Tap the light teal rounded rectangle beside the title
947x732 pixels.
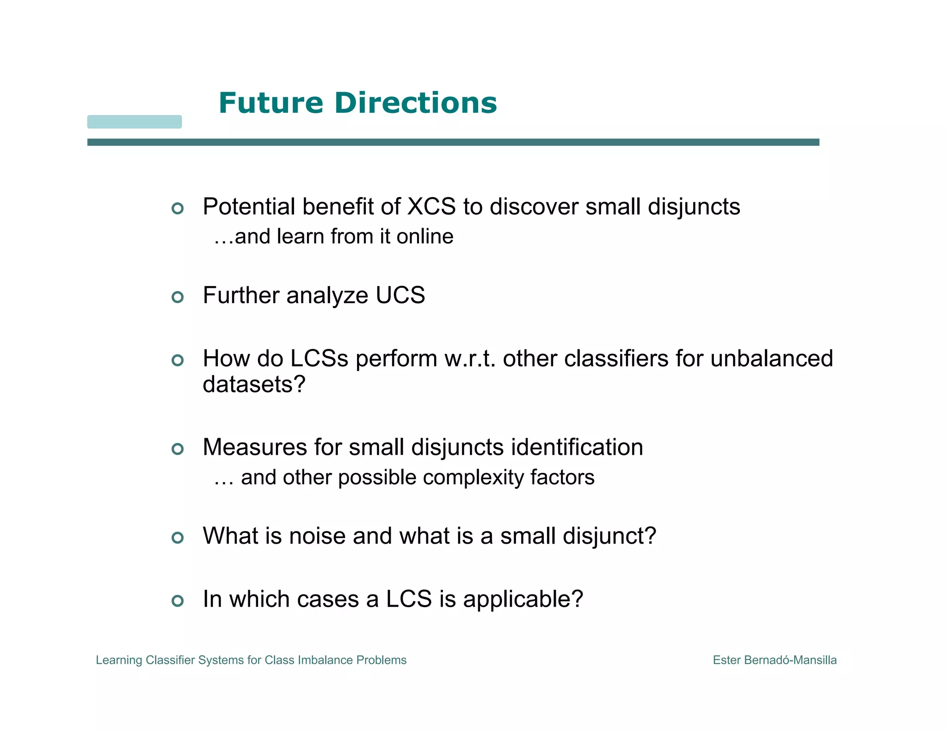[x=135, y=122]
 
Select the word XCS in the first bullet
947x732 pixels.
[x=431, y=206]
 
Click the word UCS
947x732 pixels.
[x=400, y=295]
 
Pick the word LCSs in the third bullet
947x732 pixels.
[x=319, y=359]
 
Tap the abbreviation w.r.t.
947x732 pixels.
[x=470, y=359]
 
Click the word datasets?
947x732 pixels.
[x=254, y=384]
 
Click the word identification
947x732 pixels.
[x=577, y=447]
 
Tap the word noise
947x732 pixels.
[x=317, y=536]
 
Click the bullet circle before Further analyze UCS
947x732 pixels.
[x=178, y=297]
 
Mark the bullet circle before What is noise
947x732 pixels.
[x=178, y=537]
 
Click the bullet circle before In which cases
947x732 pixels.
[x=178, y=601]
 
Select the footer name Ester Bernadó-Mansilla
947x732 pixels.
[x=775, y=660]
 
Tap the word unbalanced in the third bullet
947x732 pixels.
[x=771, y=359]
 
